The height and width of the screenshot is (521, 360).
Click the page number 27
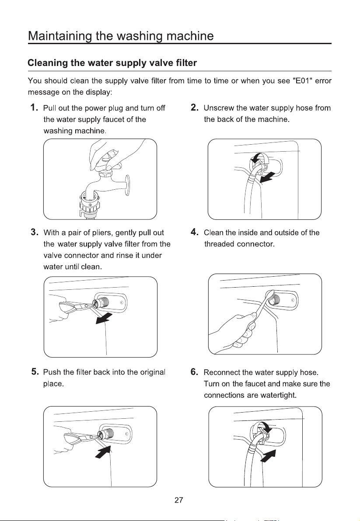click(179, 500)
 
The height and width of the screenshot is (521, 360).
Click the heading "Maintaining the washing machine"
click(121, 35)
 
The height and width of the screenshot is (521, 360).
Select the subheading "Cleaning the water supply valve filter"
click(112, 63)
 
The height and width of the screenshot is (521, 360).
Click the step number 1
click(34, 108)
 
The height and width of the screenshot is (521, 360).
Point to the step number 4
click(195, 232)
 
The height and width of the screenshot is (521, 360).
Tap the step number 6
click(195, 372)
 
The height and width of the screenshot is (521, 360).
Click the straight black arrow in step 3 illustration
click(103, 319)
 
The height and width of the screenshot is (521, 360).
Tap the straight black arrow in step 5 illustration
click(103, 452)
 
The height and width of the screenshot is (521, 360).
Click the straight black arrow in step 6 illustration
click(269, 455)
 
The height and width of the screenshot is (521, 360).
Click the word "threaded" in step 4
click(219, 244)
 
